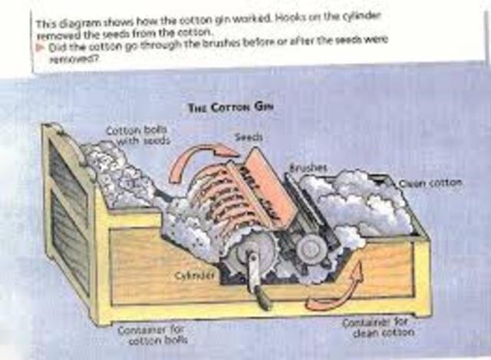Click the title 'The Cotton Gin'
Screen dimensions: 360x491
click(x=232, y=108)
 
